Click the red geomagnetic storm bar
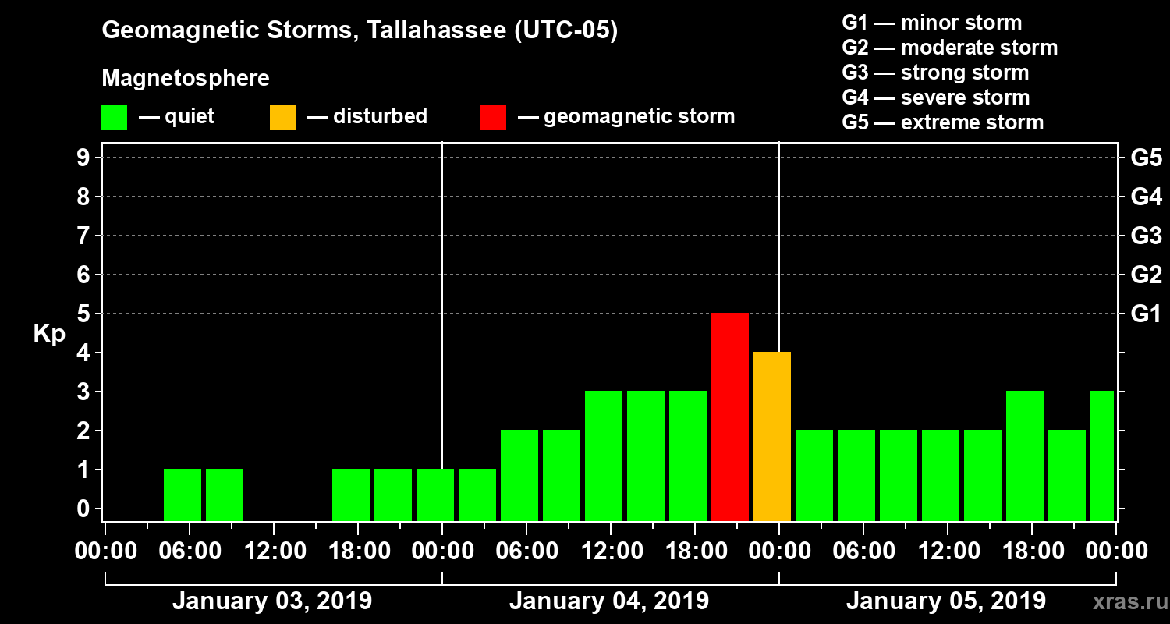(x=730, y=417)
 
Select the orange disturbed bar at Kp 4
(x=772, y=436)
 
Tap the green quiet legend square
(x=114, y=118)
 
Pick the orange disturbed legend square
(x=282, y=118)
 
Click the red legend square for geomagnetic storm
(x=493, y=118)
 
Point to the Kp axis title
(x=49, y=334)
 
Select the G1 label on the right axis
(x=1146, y=314)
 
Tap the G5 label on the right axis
(x=1146, y=158)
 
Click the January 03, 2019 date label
(x=271, y=601)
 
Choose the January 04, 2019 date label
(x=608, y=601)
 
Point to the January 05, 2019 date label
(x=945, y=601)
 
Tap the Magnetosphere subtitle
(x=186, y=79)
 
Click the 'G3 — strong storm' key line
(x=935, y=73)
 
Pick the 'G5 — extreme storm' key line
(x=942, y=122)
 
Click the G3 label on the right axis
(x=1146, y=236)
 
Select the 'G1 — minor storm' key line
(x=931, y=23)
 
